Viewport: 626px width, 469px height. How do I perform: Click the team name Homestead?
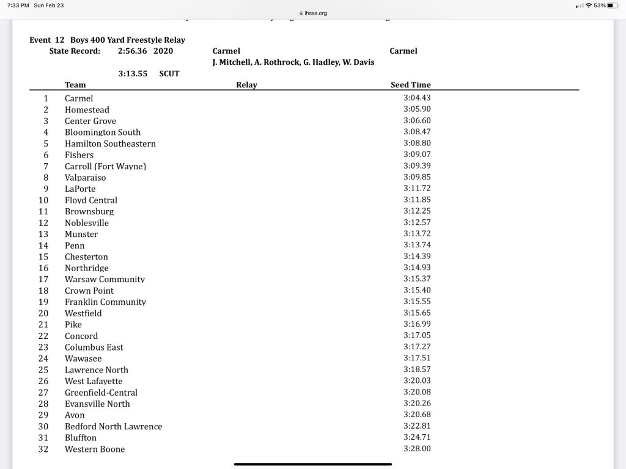pos(87,110)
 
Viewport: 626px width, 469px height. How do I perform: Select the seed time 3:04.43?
pos(417,98)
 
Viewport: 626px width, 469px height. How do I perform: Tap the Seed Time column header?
pos(410,85)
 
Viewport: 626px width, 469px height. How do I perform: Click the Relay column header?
pos(246,85)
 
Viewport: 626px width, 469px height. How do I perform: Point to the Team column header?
pos(75,85)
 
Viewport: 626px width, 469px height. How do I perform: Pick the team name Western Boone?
pos(95,449)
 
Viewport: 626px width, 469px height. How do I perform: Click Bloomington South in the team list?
pos(103,133)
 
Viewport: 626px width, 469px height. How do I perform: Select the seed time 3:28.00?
pos(417,449)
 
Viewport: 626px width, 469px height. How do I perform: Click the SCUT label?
pos(169,73)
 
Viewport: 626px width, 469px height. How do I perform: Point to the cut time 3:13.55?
pos(133,73)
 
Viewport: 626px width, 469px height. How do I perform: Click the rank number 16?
pos(43,268)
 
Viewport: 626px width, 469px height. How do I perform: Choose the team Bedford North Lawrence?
pos(114,427)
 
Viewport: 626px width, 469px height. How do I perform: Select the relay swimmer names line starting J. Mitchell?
pos(293,62)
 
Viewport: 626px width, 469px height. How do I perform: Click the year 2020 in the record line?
pos(164,51)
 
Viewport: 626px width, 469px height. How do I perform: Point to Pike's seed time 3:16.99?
pos(417,324)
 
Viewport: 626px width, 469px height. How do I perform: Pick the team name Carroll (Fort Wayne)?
pos(105,166)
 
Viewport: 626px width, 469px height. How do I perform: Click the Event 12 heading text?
pos(107,40)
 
